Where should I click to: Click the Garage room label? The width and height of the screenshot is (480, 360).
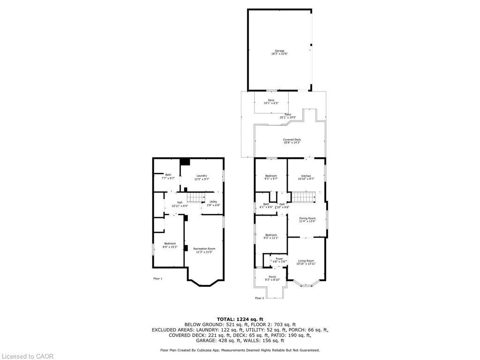(279, 52)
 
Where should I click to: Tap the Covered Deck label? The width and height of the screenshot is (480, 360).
(292, 141)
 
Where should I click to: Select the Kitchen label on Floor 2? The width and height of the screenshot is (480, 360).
(306, 177)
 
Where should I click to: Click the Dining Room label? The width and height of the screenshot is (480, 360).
(307, 220)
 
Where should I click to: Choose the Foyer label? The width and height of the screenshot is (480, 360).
(279, 260)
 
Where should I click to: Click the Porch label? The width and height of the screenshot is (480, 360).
(272, 278)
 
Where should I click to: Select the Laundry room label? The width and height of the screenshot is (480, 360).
(201, 177)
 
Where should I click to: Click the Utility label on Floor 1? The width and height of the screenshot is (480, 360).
(213, 203)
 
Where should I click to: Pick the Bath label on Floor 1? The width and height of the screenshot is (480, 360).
(168, 176)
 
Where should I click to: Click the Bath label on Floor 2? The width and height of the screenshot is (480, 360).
(266, 205)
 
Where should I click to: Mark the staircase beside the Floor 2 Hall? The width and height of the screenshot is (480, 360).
(302, 197)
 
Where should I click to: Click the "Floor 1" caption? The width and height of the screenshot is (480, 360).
(158, 278)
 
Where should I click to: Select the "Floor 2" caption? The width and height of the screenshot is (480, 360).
(260, 298)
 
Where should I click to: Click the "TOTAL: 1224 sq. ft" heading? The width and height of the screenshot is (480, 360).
(240, 319)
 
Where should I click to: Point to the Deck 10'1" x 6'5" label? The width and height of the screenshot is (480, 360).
(271, 102)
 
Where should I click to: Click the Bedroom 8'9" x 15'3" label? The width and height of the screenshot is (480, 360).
(170, 245)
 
